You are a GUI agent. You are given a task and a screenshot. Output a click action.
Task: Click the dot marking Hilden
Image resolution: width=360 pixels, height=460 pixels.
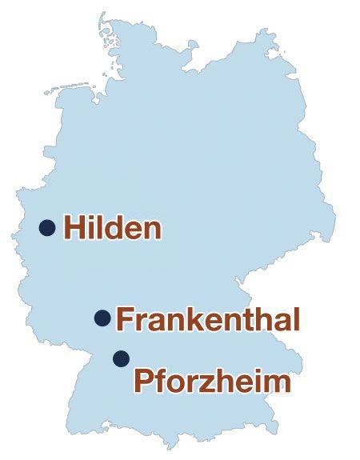click(47, 228)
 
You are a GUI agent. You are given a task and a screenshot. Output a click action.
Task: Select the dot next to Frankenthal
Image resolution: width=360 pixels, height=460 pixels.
click(102, 318)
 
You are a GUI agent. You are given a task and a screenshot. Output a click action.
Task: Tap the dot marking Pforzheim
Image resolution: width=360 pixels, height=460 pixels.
click(121, 357)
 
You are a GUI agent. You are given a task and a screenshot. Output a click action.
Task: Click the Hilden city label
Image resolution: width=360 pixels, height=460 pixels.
click(112, 228)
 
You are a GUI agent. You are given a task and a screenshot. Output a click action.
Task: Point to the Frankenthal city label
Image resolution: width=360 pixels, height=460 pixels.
click(208, 319)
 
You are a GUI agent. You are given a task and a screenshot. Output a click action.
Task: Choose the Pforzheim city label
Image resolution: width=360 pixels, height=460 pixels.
click(210, 380)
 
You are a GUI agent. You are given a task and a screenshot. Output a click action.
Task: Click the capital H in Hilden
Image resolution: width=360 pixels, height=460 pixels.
click(74, 228)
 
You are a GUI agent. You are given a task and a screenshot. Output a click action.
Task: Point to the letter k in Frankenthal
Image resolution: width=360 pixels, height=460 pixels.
click(183, 319)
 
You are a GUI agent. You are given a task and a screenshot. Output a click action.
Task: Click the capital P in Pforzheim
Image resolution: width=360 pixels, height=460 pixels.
click(142, 380)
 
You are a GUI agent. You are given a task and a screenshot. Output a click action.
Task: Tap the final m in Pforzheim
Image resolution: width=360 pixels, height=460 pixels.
click(274, 382)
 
